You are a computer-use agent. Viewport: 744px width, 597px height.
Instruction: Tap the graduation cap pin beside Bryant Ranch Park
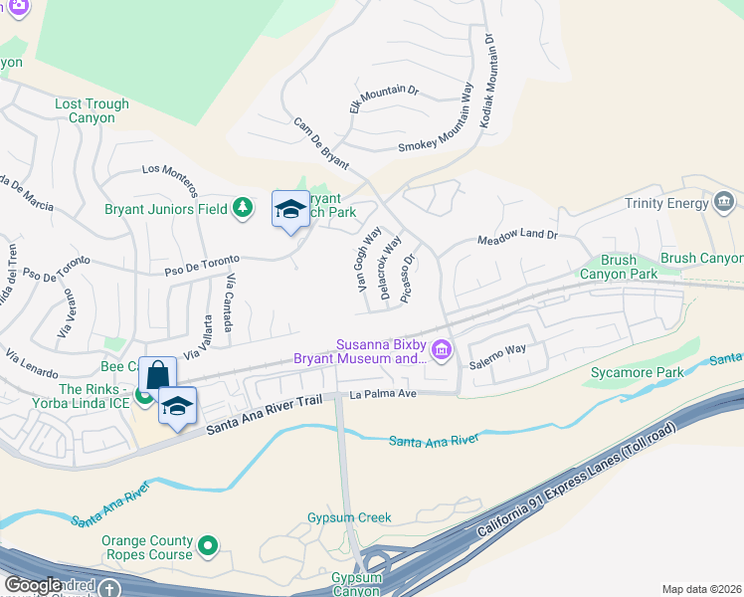(290, 209)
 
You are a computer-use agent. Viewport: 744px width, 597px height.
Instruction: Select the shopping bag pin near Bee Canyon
(157, 376)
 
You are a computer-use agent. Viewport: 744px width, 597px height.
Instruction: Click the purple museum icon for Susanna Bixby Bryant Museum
(441, 350)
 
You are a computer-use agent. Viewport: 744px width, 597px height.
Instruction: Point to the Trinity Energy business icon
(725, 204)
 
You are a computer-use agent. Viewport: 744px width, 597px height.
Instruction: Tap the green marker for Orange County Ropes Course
(208, 545)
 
